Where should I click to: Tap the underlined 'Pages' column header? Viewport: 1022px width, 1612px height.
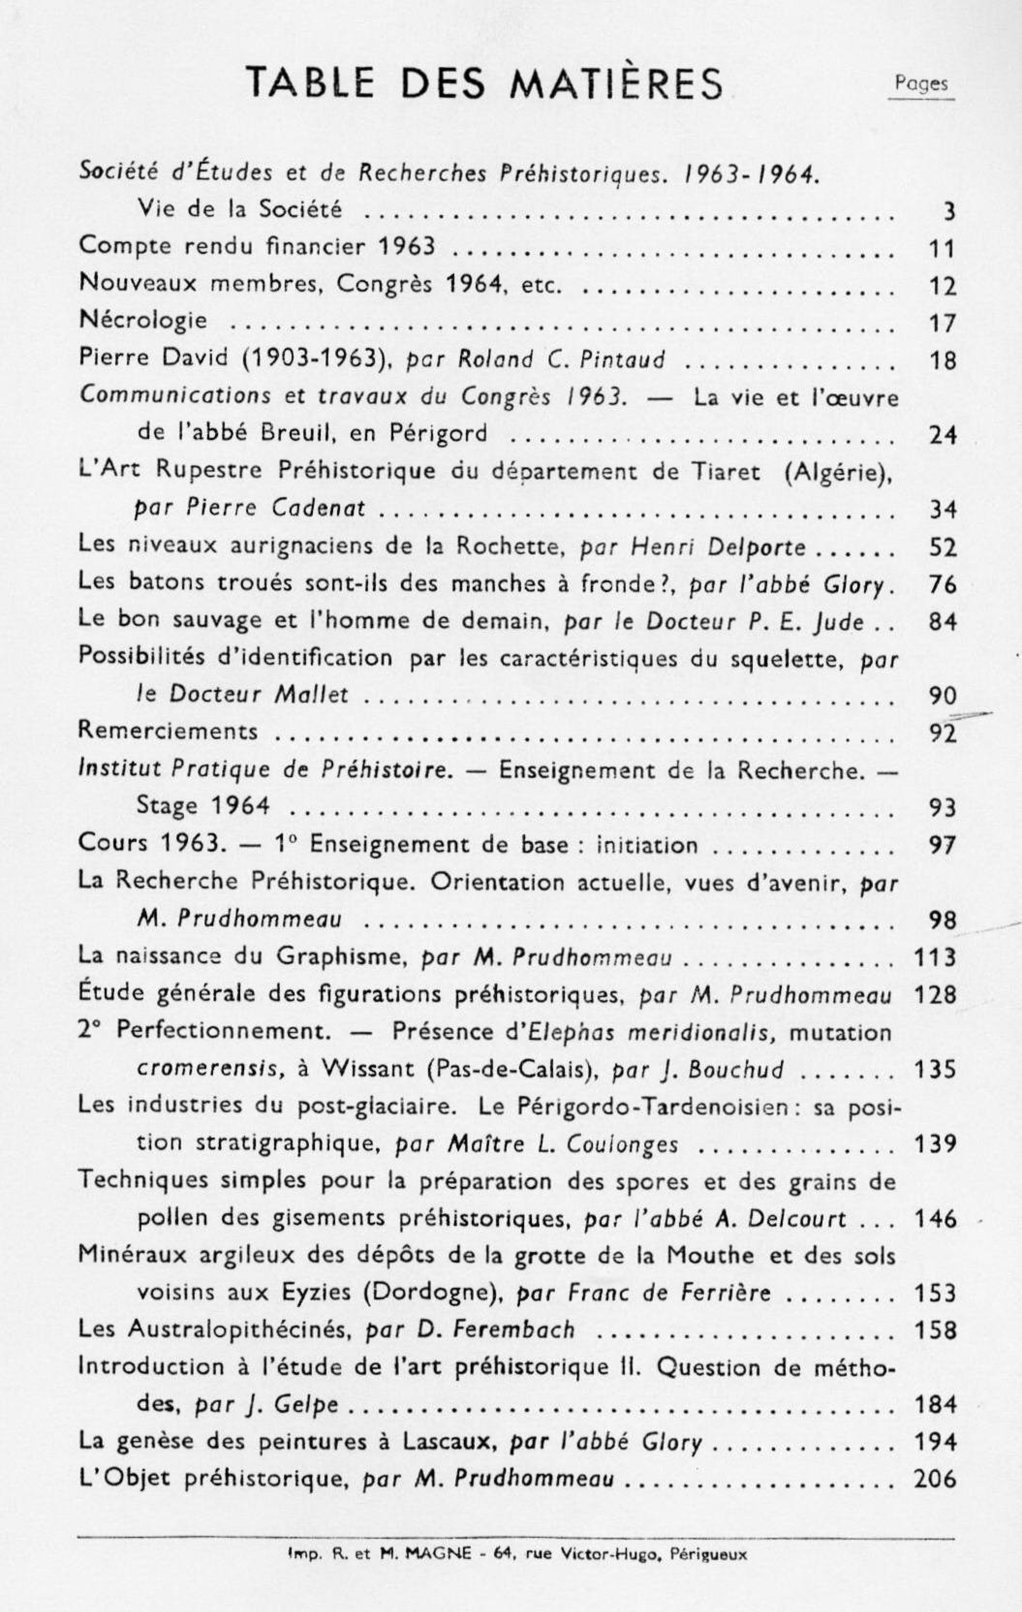click(922, 84)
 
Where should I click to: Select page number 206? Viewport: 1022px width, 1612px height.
click(935, 1479)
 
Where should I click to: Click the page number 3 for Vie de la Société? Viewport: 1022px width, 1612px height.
click(948, 212)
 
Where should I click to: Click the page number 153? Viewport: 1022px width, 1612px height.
click(935, 1293)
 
